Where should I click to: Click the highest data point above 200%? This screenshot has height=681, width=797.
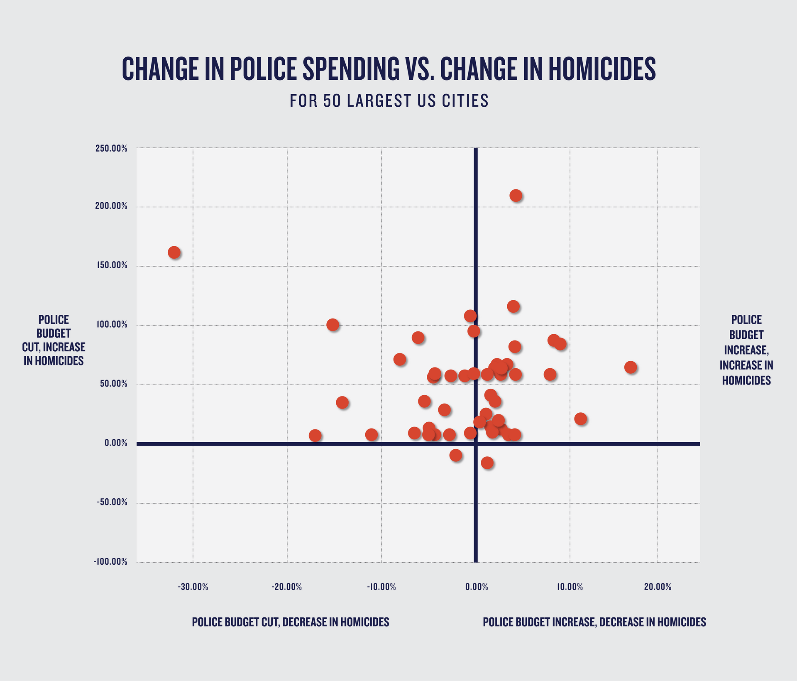[516, 195]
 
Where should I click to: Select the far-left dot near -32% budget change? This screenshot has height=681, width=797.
[174, 252]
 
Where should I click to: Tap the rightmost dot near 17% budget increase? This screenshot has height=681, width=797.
[630, 367]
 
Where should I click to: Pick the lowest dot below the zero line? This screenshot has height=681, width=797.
[487, 463]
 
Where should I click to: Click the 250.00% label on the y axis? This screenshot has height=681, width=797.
[111, 149]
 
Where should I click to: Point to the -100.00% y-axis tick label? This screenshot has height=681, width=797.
[110, 562]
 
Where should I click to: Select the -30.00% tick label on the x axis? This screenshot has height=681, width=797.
[193, 587]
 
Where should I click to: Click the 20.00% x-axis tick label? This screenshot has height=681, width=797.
[658, 587]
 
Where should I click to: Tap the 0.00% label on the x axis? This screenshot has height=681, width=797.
[476, 587]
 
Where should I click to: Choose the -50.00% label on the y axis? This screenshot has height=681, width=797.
[112, 502]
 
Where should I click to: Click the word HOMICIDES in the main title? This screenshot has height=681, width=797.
[602, 69]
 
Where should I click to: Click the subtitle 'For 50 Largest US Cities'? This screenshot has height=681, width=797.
[389, 101]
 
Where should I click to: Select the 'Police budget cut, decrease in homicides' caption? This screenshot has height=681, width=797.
[291, 622]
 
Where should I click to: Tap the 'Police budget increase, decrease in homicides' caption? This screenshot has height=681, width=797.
[594, 622]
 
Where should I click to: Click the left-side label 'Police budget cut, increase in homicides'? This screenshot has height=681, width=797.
[54, 340]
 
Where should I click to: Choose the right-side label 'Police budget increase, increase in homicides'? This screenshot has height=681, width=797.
[746, 350]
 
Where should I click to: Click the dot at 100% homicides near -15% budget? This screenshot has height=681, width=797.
[332, 325]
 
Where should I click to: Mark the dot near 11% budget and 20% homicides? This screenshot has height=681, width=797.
[580, 419]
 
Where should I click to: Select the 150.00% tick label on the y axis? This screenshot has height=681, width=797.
[111, 265]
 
